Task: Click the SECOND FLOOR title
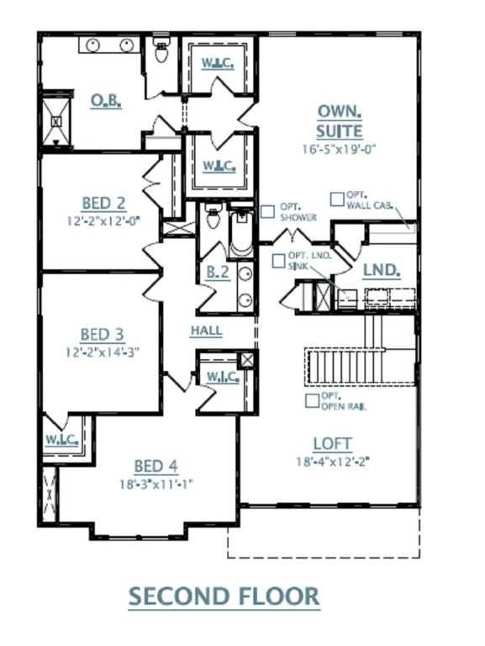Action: pyautogui.click(x=224, y=596)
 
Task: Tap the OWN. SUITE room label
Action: pyautogui.click(x=340, y=121)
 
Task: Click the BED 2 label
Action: pyautogui.click(x=103, y=203)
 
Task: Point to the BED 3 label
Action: pyautogui.click(x=102, y=334)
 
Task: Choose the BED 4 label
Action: pyautogui.click(x=156, y=466)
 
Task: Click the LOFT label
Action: pyautogui.click(x=332, y=443)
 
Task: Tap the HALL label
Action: pyautogui.click(x=206, y=331)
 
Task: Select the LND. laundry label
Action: pyautogui.click(x=381, y=272)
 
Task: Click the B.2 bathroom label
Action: pyautogui.click(x=218, y=272)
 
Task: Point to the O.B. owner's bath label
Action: pyautogui.click(x=106, y=101)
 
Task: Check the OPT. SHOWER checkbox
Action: pyautogui.click(x=266, y=212)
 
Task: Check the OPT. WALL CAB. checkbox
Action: pyautogui.click(x=336, y=199)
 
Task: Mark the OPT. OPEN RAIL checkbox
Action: pyautogui.click(x=312, y=401)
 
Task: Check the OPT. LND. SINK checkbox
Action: pyautogui.click(x=278, y=261)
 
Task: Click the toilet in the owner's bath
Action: pyautogui.click(x=161, y=53)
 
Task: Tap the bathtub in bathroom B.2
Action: pyautogui.click(x=240, y=233)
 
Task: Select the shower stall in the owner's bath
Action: pyautogui.click(x=57, y=121)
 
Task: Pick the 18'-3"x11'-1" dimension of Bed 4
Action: pyautogui.click(x=156, y=484)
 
